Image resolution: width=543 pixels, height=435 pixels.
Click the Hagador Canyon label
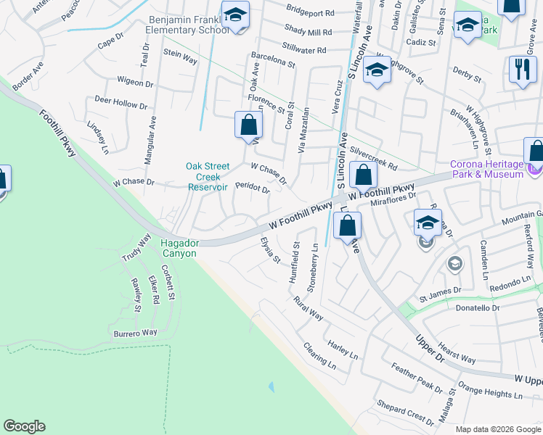tap(178, 248)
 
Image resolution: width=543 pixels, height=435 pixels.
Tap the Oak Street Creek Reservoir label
tap(208, 176)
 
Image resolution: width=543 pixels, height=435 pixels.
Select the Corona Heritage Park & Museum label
tap(487, 169)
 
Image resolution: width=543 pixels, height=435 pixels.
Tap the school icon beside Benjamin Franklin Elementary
tap(235, 16)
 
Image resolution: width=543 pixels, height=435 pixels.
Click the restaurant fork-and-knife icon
tap(520, 70)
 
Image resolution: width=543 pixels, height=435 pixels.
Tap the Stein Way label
tap(181, 57)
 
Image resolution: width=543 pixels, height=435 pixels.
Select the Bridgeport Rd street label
tap(310, 13)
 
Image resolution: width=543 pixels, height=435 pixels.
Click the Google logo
tap(24, 426)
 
